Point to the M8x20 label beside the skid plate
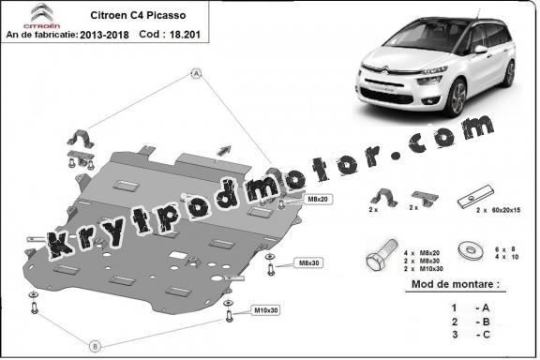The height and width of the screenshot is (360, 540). coord(292,201)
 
